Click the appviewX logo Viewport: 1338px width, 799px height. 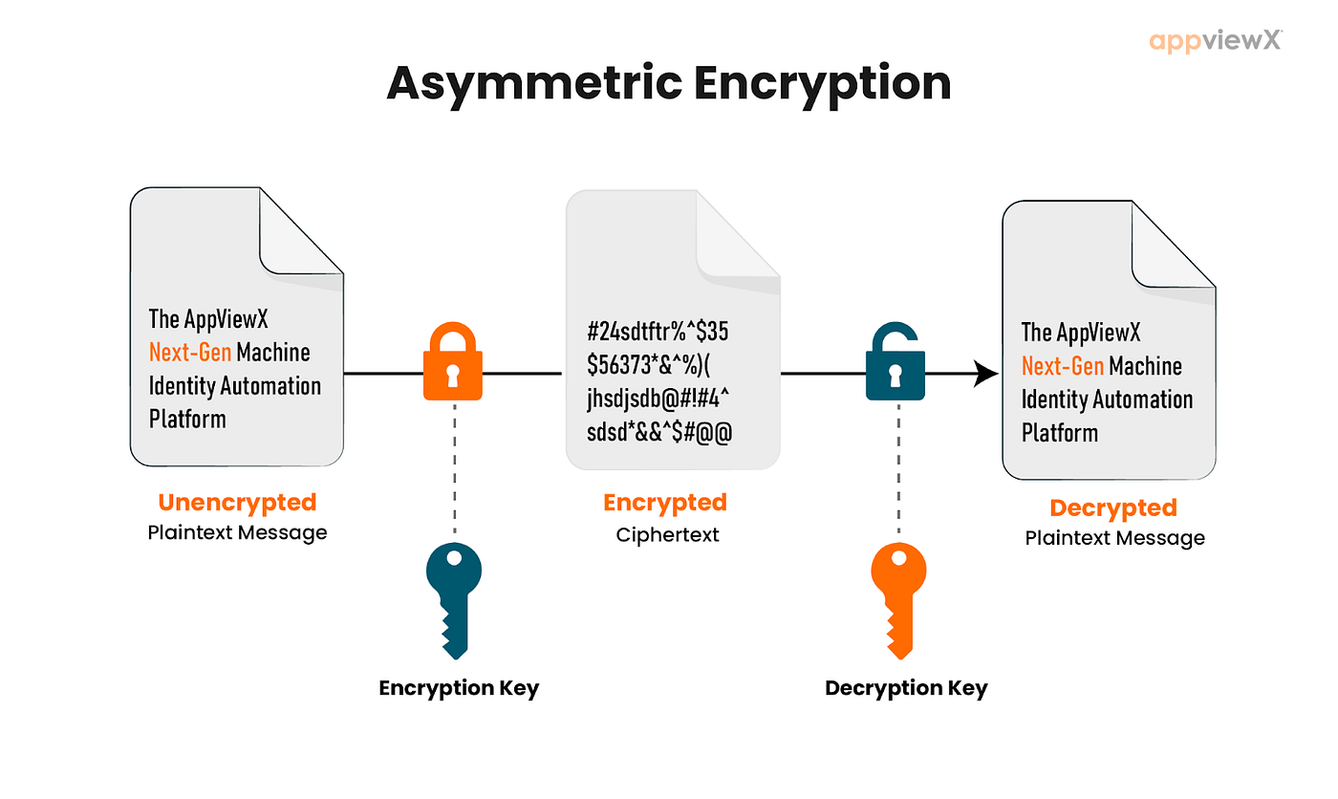click(1215, 40)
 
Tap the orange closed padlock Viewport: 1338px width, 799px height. click(453, 361)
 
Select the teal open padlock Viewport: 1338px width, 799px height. click(896, 361)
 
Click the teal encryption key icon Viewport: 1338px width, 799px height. click(454, 600)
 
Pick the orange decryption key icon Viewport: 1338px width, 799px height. click(899, 600)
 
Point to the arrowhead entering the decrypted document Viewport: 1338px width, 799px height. click(985, 374)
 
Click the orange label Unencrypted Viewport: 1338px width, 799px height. click(237, 503)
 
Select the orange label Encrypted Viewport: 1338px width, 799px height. click(665, 503)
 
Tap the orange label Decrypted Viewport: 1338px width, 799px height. click(1113, 508)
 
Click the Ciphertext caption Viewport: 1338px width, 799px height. click(667, 534)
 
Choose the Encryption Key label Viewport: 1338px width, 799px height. click(459, 688)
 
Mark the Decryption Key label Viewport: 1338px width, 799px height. click(906, 688)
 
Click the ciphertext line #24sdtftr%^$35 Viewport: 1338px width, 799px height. click(658, 332)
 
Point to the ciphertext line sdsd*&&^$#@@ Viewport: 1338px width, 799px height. click(659, 432)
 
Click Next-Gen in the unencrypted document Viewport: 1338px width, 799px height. click(190, 353)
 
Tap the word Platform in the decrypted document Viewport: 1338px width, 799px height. click(1060, 433)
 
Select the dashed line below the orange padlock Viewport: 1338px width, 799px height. click(455, 468)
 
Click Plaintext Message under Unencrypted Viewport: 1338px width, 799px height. click(237, 532)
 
